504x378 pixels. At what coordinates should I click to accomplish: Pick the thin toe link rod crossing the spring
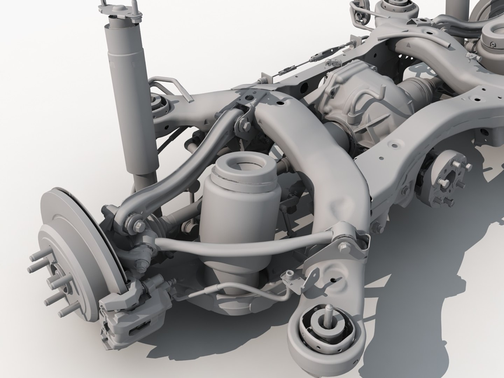245,245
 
